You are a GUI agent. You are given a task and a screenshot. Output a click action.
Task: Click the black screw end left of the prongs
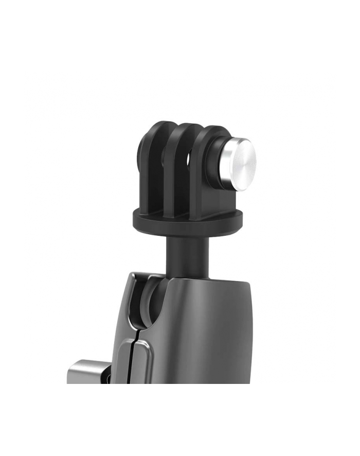[x=141, y=154]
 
